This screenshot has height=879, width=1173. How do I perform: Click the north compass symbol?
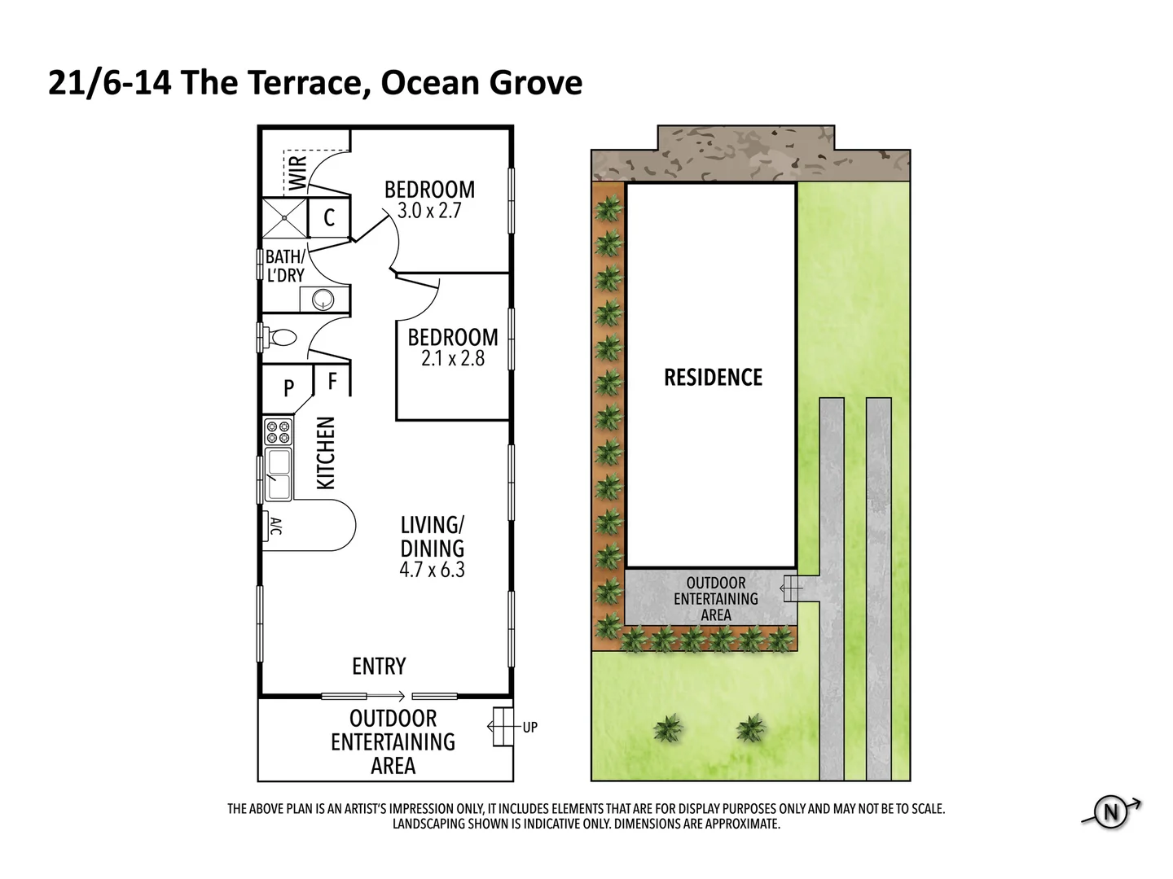pos(1111,812)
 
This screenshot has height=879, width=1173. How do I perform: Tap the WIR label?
pos(298,172)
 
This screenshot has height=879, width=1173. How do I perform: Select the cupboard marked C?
pos(329,217)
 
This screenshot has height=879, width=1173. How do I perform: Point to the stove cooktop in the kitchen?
pos(278,431)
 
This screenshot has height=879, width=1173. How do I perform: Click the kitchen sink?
pos(278,473)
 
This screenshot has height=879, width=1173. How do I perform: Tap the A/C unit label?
pos(275,526)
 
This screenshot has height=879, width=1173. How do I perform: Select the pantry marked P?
pos(288,389)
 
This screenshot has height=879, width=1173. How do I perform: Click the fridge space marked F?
pos(332,380)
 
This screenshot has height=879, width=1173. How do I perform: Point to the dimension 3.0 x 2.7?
pos(429,211)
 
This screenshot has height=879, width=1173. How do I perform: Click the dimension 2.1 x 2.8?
pos(453,358)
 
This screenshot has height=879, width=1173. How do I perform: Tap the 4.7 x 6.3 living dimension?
pos(432,570)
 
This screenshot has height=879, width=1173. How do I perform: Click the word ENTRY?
pos(379,667)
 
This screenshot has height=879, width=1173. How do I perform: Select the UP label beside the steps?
pos(530,728)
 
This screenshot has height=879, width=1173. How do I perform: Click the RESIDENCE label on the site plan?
pos(713,378)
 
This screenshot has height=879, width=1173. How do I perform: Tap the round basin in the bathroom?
pos(323,300)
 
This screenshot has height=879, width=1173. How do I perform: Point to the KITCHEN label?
pos(325,453)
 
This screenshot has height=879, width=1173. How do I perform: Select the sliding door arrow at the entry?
pos(389,696)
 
